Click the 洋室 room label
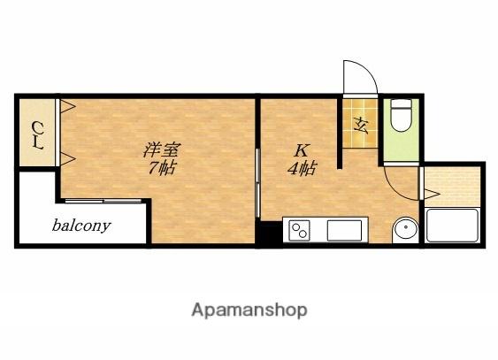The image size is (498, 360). click(x=162, y=150)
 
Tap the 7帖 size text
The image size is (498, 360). click(x=162, y=168)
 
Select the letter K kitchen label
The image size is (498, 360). click(x=301, y=150)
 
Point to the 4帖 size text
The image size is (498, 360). click(x=302, y=169)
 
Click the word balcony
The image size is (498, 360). click(x=81, y=226)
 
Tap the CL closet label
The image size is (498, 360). click(x=38, y=135)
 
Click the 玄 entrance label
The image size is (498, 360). click(x=361, y=126)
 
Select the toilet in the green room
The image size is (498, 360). click(x=401, y=115)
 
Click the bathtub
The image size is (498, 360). click(x=452, y=225)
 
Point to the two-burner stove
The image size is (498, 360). click(x=299, y=231)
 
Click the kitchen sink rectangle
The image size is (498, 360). click(x=344, y=230)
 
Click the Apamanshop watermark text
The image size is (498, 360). click(x=249, y=310)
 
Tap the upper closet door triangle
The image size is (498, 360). click(x=67, y=106)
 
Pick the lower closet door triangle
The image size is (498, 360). click(x=67, y=158)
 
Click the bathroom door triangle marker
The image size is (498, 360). click(x=432, y=194)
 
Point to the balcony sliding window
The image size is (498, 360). click(x=103, y=201)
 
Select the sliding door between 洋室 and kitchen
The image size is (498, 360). click(x=258, y=183)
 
